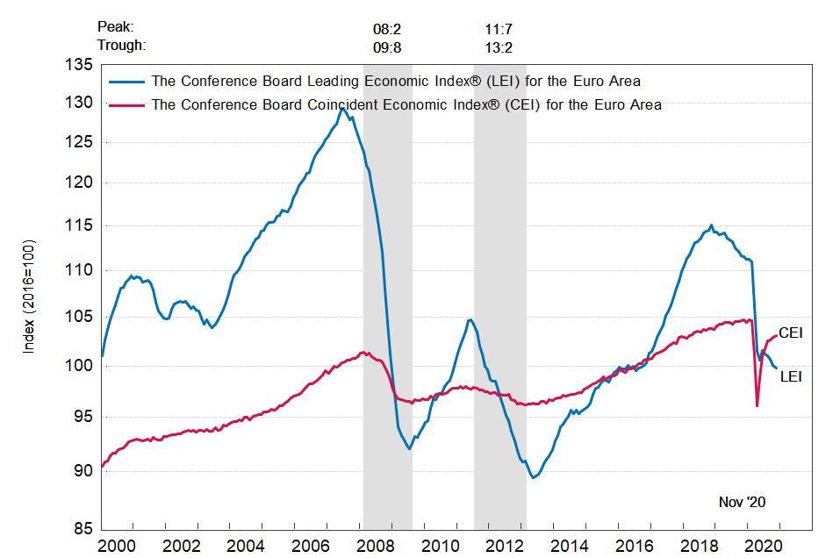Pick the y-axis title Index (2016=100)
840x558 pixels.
coord(29,296)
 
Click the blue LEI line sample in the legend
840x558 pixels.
coord(127,82)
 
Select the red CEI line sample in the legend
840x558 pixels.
coord(127,105)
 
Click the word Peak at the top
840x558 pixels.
coord(117,28)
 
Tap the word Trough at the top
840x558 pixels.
coord(121,46)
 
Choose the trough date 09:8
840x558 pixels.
coord(387,46)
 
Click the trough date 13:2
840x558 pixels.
coord(499,46)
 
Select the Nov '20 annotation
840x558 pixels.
coord(742,502)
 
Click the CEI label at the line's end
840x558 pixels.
coord(791,333)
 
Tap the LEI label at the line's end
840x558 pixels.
coord(790,376)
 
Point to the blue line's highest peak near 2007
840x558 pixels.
coord(341,109)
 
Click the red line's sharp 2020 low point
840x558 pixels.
coord(757,405)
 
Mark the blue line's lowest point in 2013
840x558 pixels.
coord(534,477)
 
